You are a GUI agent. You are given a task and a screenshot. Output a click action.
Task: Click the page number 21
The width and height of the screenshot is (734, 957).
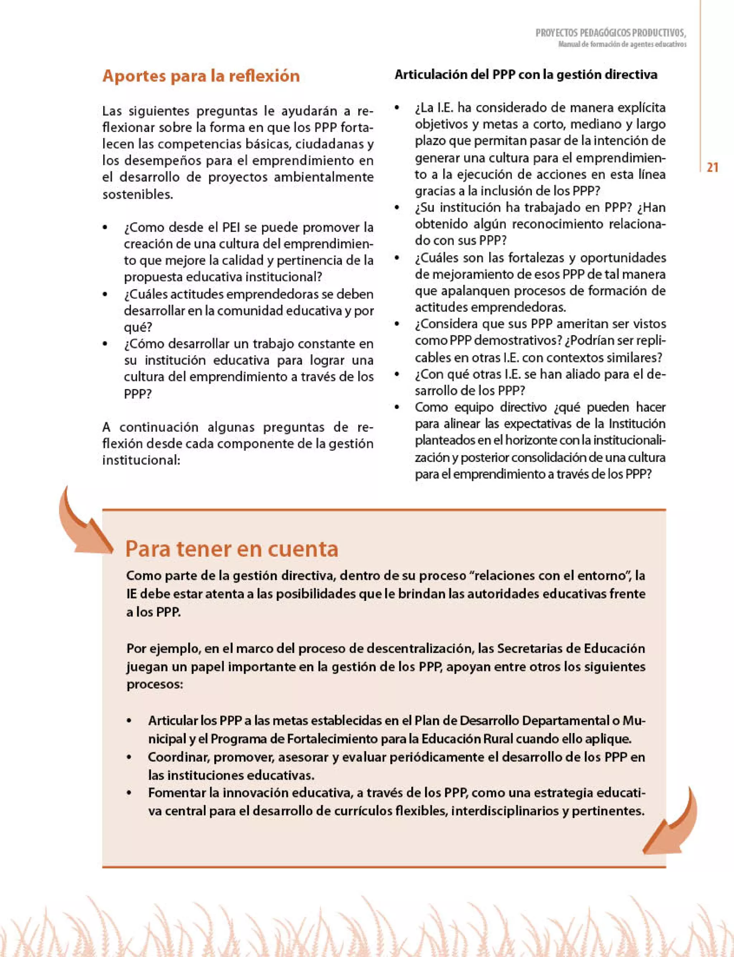pyautogui.click(x=712, y=168)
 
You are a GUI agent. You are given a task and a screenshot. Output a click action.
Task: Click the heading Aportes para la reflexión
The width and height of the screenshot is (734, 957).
pyautogui.click(x=201, y=76)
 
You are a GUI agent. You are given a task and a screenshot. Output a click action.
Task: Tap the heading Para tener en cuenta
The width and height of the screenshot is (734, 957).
pyautogui.click(x=232, y=549)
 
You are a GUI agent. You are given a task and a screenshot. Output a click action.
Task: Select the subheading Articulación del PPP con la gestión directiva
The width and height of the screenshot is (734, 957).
pyautogui.click(x=526, y=75)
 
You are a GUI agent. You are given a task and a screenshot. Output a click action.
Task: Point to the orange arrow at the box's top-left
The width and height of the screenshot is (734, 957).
pyautogui.click(x=83, y=522)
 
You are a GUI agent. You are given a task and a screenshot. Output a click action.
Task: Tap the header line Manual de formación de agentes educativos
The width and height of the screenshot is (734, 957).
pyautogui.click(x=622, y=44)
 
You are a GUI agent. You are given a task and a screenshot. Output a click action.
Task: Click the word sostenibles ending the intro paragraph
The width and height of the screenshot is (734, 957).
pyautogui.click(x=137, y=194)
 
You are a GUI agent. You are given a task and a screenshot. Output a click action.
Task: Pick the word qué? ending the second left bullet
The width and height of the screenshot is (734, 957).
pyautogui.click(x=138, y=327)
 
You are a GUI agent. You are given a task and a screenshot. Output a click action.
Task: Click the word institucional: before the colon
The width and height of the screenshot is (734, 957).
pyautogui.click(x=141, y=460)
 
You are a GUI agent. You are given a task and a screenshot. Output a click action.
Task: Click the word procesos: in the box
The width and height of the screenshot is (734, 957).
pyautogui.click(x=155, y=684)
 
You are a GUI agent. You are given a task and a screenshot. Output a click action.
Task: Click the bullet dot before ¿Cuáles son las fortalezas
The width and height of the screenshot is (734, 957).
pyautogui.click(x=397, y=258)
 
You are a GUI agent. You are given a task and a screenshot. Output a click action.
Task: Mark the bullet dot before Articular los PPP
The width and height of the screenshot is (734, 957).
pyautogui.click(x=129, y=721)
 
